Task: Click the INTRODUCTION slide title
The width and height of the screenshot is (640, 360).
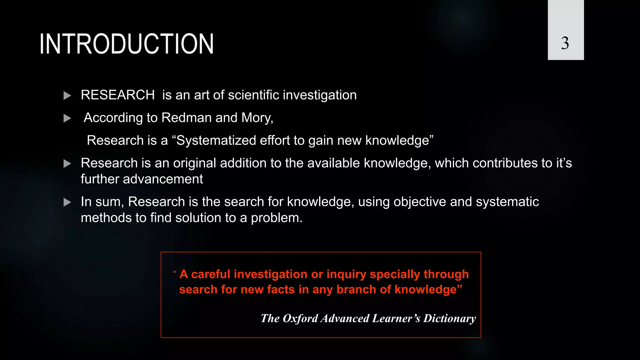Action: coord(127,44)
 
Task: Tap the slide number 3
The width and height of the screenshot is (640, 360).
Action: coord(565,43)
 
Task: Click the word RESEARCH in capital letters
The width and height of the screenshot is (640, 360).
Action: coord(117,95)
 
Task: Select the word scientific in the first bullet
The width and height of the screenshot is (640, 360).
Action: coord(253,95)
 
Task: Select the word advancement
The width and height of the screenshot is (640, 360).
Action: coord(163,179)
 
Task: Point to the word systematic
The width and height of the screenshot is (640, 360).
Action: coord(507,202)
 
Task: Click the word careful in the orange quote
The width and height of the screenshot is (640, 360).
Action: coord(210,274)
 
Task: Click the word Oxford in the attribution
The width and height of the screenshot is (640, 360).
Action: coord(300,318)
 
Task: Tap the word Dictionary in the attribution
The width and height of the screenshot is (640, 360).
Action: coord(449,318)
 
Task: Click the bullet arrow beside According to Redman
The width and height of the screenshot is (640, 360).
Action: coord(67,118)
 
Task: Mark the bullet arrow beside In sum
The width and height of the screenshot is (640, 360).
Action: coord(67,202)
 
